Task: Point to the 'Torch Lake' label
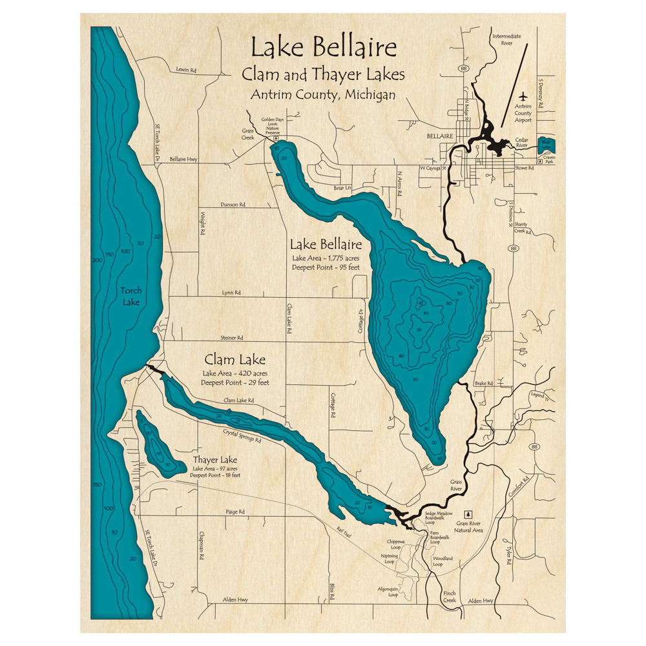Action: click(130, 296)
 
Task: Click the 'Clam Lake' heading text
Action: click(234, 360)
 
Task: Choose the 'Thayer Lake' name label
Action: click(215, 460)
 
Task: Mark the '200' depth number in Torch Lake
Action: click(98, 260)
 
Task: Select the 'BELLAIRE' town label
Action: click(437, 136)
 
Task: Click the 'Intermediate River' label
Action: click(506, 40)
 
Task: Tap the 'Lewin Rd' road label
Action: click(185, 70)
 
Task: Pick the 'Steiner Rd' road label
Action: click(231, 337)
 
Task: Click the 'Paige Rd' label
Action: click(235, 512)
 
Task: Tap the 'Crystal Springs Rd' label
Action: click(242, 436)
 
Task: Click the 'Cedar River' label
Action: click(521, 142)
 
